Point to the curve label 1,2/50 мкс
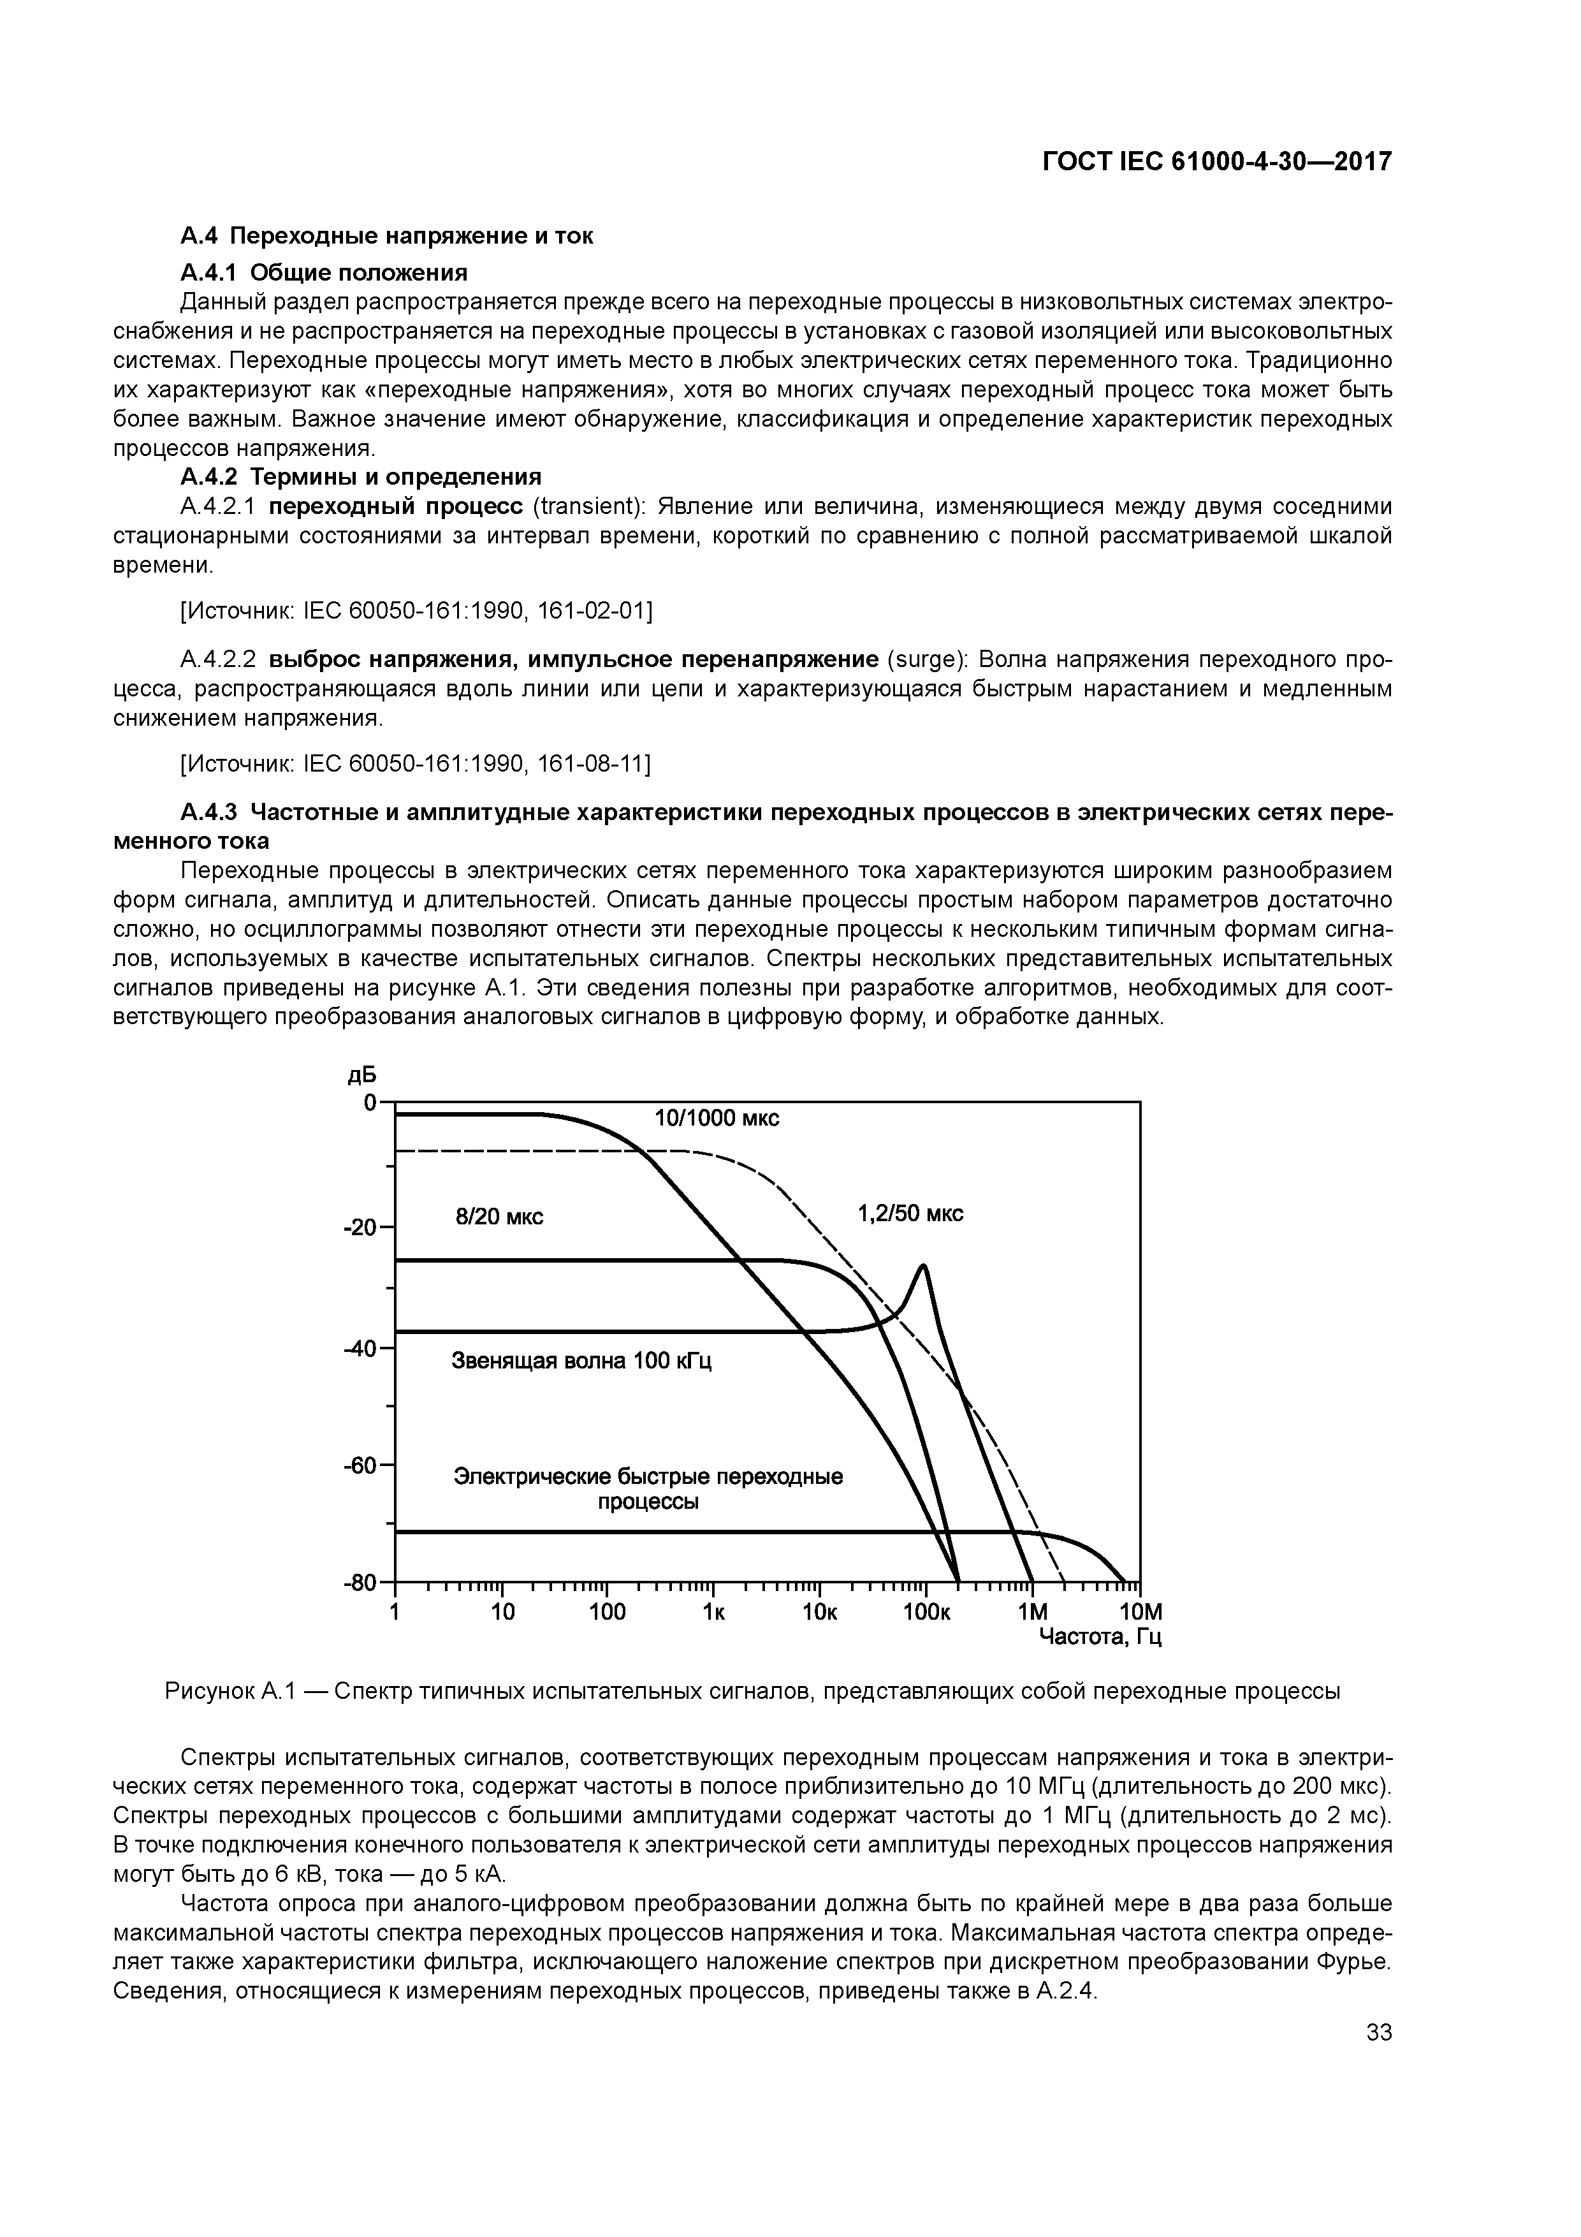point(910,1213)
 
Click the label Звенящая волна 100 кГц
point(581,1360)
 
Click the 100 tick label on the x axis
point(607,1613)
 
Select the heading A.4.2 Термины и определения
point(360,476)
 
